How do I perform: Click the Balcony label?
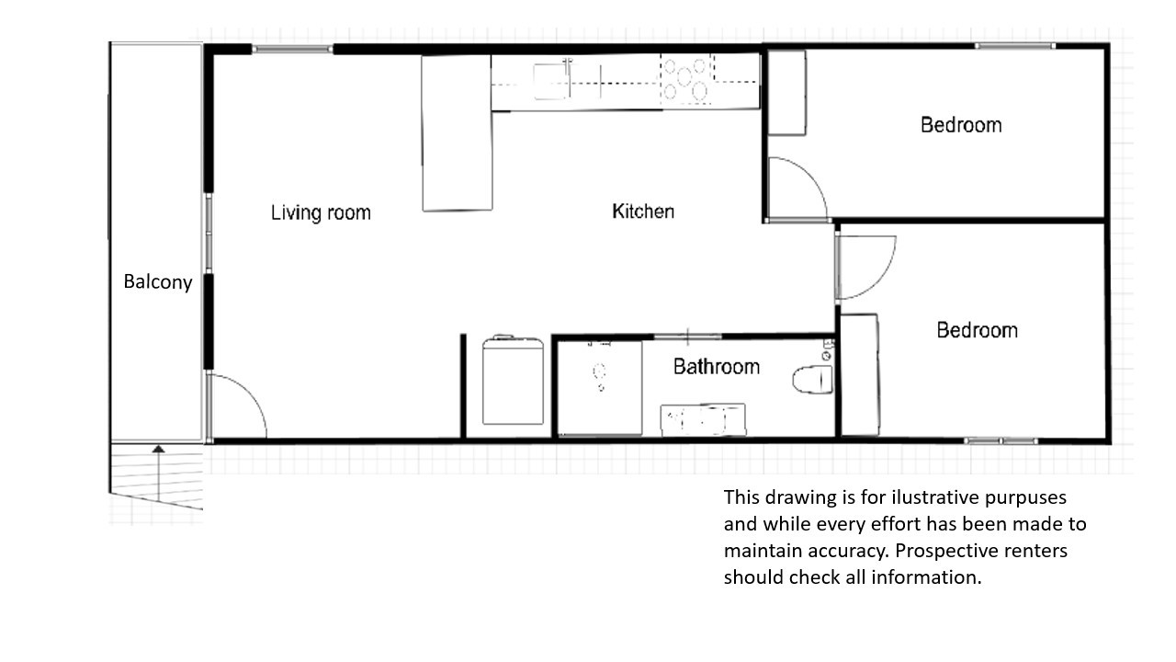pos(158,282)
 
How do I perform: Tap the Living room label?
pos(321,213)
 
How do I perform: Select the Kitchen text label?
pos(643,211)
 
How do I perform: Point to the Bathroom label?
pos(717,367)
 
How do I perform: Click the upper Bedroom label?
pos(961,125)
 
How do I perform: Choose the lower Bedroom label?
pos(977,330)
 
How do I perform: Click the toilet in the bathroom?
pos(811,378)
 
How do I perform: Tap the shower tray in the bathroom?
pos(601,388)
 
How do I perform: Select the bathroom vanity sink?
pos(703,420)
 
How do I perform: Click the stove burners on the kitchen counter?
pos(686,79)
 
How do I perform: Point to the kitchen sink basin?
pos(553,79)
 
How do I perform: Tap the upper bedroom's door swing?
pos(795,188)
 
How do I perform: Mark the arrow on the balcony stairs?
pos(159,474)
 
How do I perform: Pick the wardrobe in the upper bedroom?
pos(786,93)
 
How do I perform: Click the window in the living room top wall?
pos(292,49)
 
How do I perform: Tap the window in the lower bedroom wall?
pos(1001,441)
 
